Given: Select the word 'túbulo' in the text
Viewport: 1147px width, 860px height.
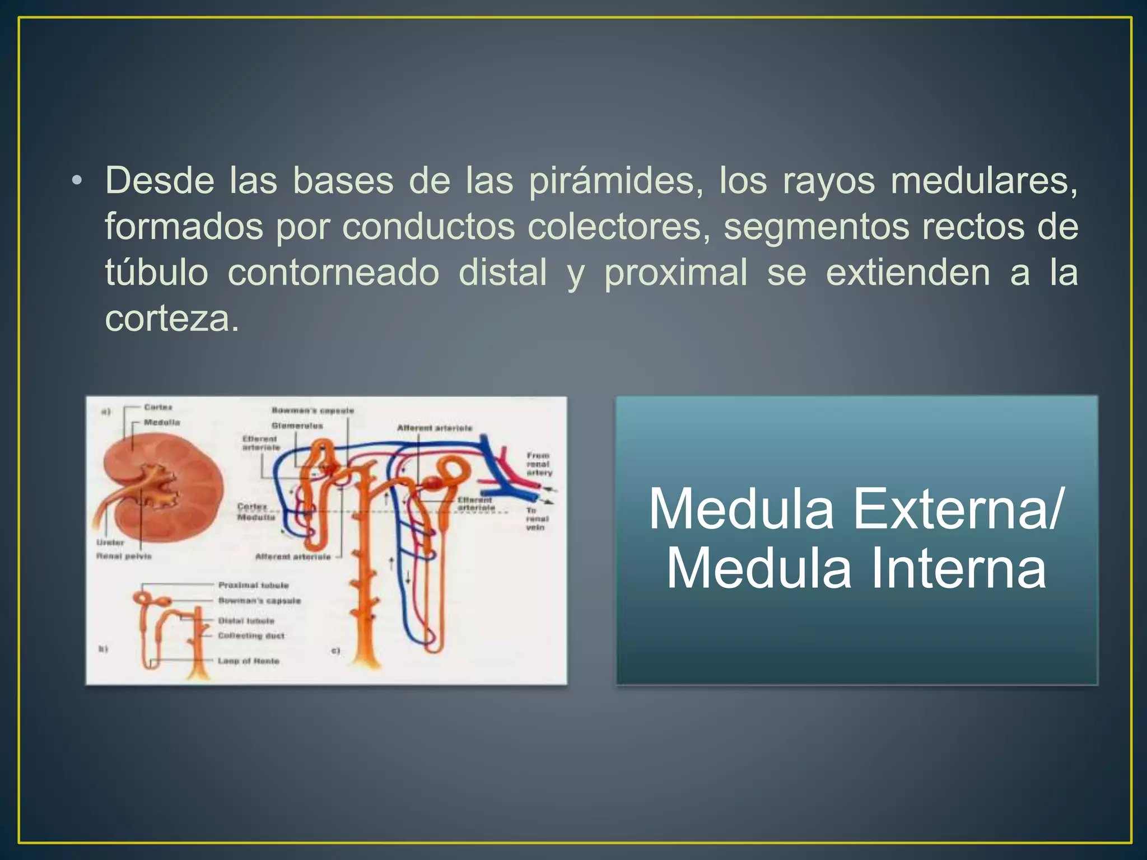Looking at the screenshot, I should tap(157, 273).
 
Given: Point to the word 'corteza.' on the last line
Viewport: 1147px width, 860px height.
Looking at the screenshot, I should tap(172, 319).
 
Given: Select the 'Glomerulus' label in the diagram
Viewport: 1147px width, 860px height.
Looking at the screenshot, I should tap(297, 426).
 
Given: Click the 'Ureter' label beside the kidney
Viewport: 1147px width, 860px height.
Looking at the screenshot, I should tap(110, 543).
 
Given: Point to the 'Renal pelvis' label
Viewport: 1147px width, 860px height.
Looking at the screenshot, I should tap(124, 557).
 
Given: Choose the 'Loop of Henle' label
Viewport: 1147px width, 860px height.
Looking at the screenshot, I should tap(249, 661).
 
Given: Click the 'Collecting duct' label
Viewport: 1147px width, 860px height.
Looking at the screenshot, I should tap(251, 636).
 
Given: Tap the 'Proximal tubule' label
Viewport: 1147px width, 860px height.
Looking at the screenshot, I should tap(254, 585).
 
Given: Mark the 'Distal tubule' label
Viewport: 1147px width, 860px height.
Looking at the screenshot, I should tap(246, 621).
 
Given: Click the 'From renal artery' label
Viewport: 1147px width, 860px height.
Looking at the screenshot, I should tap(539, 464).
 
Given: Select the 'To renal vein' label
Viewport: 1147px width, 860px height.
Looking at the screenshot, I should tap(535, 519).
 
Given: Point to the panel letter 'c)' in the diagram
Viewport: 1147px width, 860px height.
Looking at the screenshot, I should tap(336, 651).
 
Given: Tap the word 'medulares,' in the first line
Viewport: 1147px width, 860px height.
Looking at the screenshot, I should tap(984, 181).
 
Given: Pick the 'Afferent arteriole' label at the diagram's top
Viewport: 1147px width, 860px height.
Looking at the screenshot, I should tap(435, 428).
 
